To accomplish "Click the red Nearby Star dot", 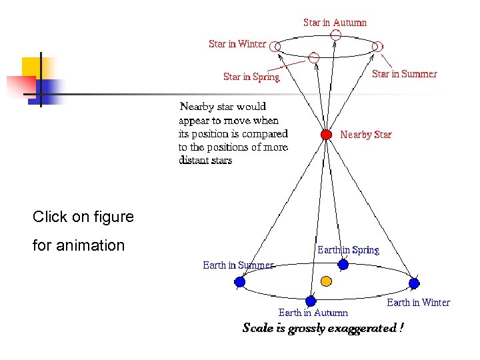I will [326, 135].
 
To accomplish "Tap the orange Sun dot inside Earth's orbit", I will [327, 281].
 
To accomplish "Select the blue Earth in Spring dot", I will [343, 265].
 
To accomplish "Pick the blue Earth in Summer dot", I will [240, 281].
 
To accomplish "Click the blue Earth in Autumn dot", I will [310, 301].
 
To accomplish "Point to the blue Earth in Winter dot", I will [415, 283].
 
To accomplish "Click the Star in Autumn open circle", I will [337, 34].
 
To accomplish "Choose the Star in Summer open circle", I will [377, 46].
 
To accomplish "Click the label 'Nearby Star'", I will [366, 135].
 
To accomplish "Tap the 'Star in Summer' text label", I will [404, 74].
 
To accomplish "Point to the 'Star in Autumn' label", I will [335, 23].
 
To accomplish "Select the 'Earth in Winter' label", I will [419, 303].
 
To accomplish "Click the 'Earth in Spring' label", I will [348, 250].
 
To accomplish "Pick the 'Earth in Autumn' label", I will [313, 313].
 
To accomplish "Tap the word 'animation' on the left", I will [90, 245].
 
